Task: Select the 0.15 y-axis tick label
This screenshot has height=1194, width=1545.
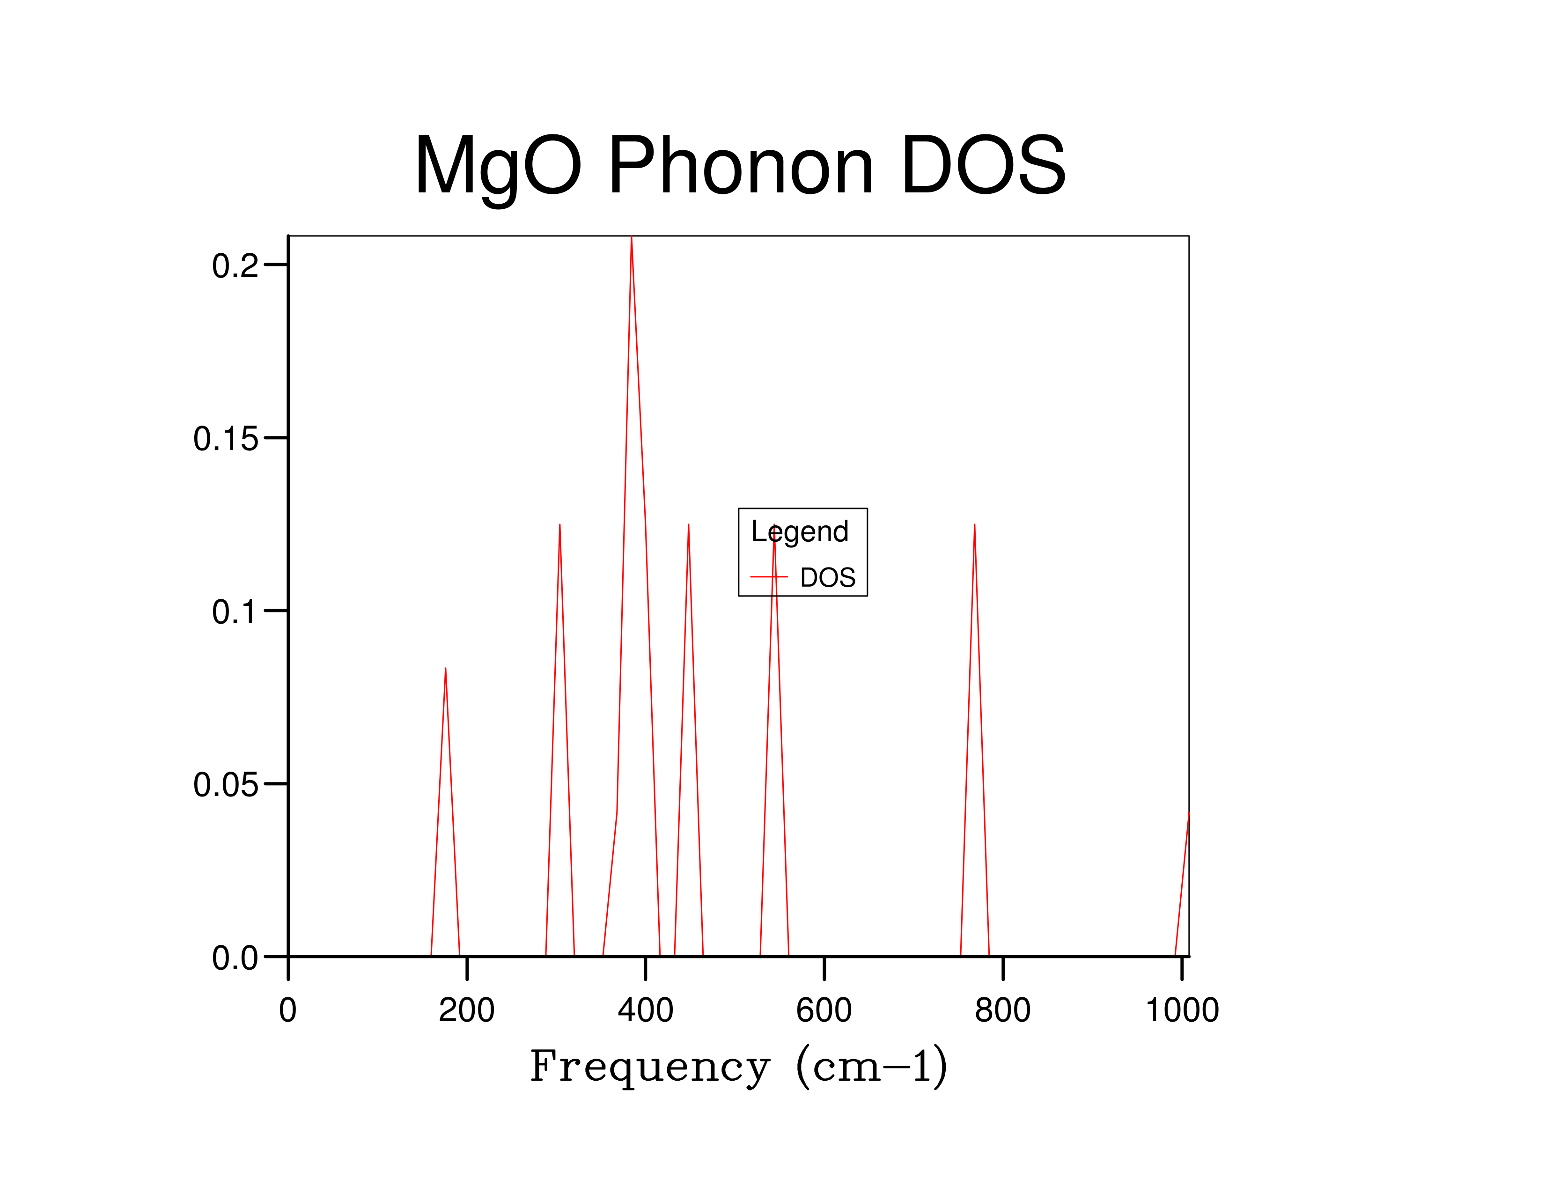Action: [x=226, y=439]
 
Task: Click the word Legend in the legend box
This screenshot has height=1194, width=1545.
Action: [x=799, y=532]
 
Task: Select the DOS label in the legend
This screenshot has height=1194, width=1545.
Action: [x=828, y=578]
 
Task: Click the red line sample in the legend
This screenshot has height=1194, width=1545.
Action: [x=769, y=577]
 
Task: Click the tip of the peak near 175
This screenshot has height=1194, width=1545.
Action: [x=445, y=669]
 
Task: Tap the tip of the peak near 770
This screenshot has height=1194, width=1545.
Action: [x=974, y=525]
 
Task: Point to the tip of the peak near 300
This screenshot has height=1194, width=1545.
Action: [x=559, y=525]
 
